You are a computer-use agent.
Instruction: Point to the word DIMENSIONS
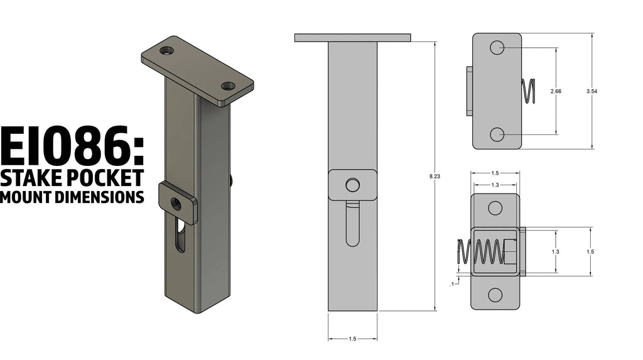tap(99, 197)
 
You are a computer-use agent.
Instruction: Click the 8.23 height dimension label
tap(435, 176)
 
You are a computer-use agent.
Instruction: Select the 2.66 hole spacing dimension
tap(556, 91)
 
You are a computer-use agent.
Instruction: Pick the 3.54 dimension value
tap(592, 91)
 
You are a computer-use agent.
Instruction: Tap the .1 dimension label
tap(452, 283)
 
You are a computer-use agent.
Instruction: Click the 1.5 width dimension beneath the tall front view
tap(352, 339)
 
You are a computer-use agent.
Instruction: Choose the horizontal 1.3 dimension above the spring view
tap(495, 185)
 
